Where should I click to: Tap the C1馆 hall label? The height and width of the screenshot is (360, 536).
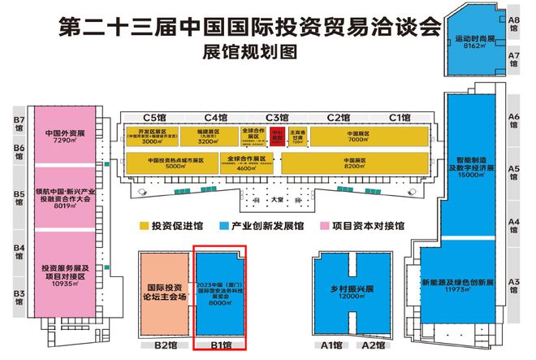399,117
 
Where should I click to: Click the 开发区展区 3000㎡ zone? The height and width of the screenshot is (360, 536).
154,135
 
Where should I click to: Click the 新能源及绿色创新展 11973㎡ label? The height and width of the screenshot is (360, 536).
469,286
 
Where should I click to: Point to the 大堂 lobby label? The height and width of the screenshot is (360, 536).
276,199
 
